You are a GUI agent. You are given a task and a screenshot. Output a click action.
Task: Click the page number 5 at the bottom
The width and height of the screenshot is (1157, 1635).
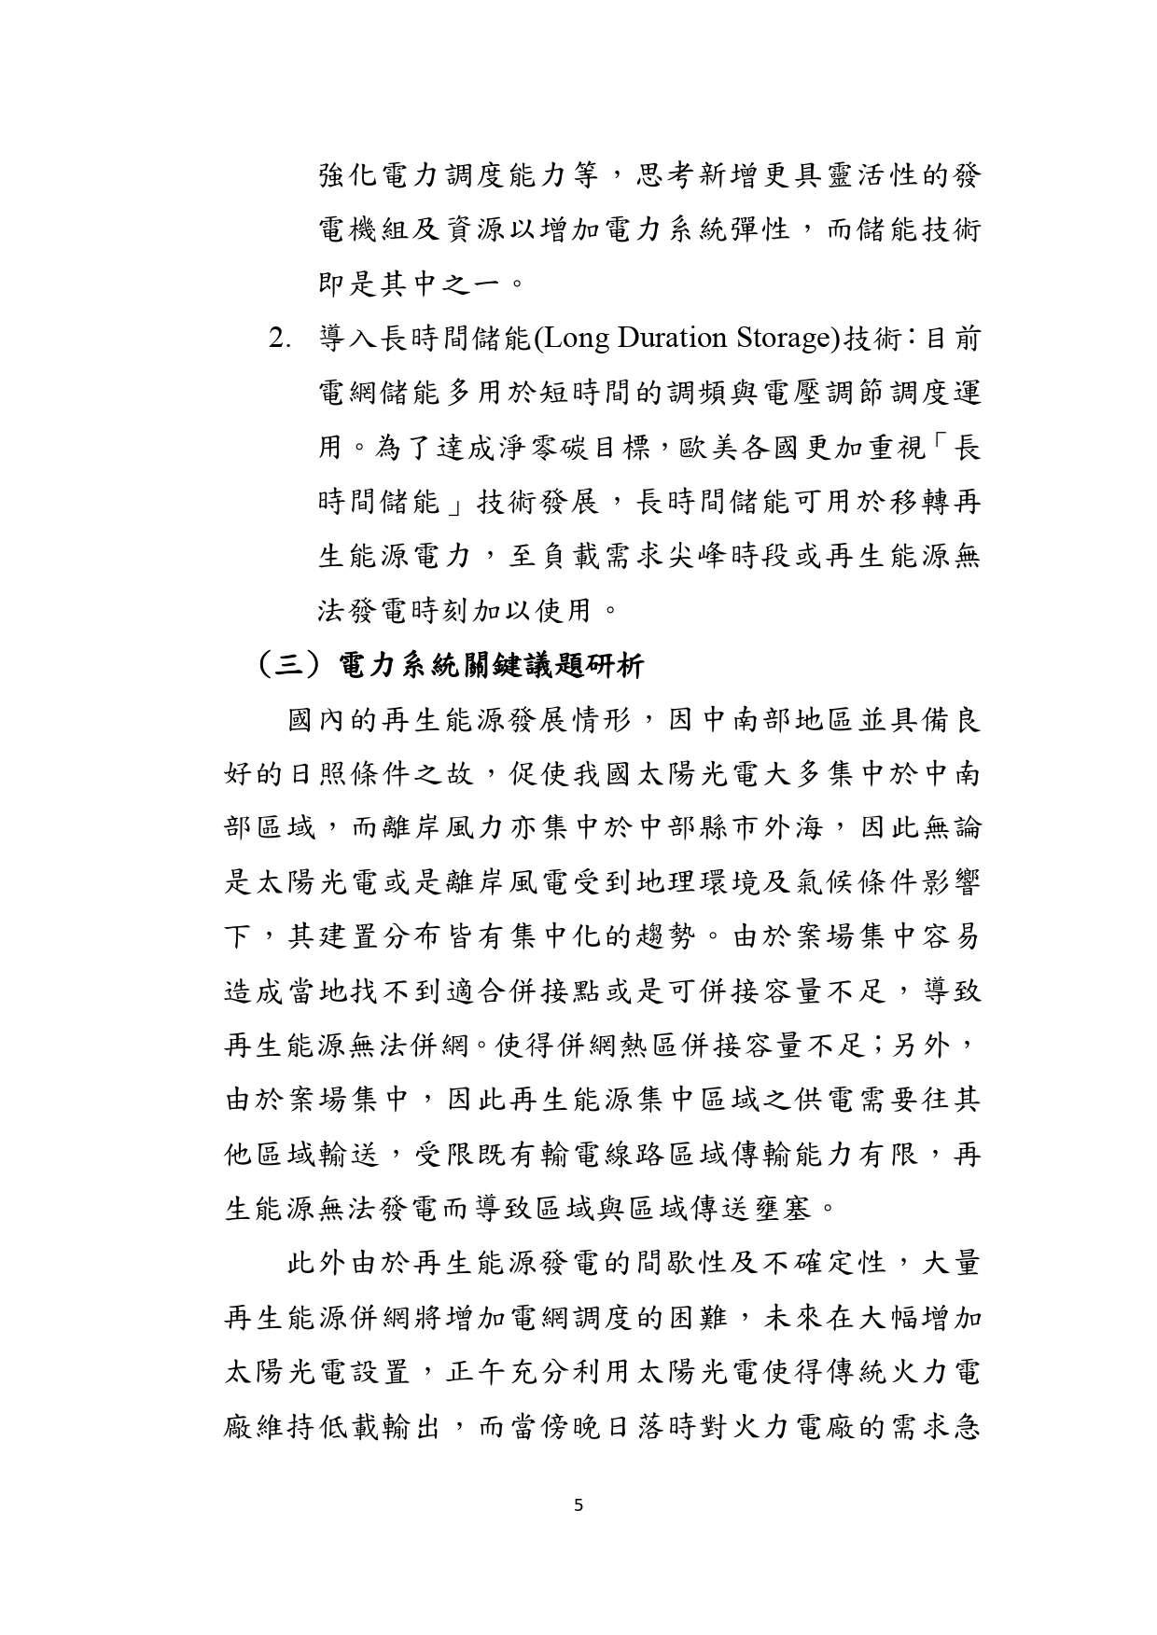coord(578,1503)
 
